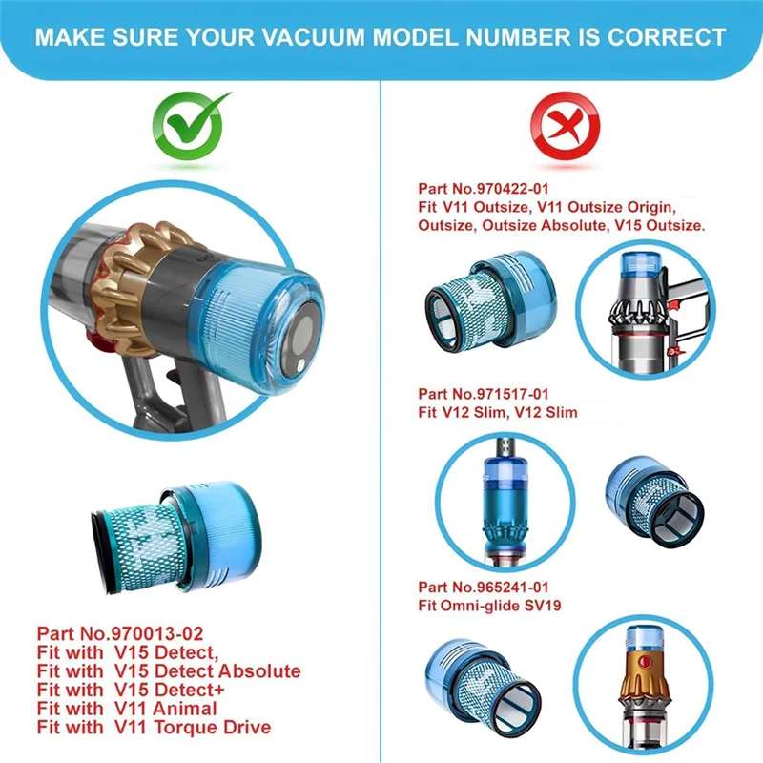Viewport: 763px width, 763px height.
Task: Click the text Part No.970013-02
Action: [x=120, y=632]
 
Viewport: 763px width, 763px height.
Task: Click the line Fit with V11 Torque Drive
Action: [x=154, y=728]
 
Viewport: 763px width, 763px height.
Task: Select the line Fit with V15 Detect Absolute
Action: [x=169, y=671]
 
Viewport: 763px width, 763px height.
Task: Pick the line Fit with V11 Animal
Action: [x=127, y=709]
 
